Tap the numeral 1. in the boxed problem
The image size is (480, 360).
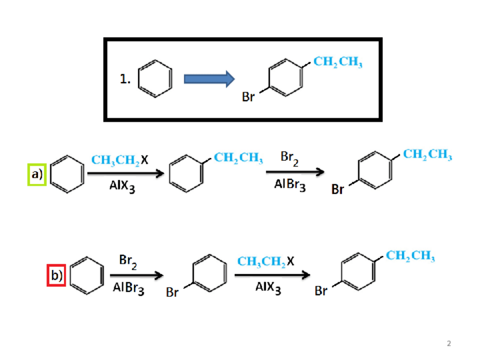[126, 80]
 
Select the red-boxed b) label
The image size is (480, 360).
[56, 276]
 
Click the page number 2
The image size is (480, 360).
[449, 344]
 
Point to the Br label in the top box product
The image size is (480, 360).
[248, 97]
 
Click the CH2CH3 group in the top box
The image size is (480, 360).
[338, 63]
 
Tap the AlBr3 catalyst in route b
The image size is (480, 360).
[128, 288]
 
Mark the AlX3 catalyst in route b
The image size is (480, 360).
[268, 288]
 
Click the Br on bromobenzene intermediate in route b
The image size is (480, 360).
[173, 293]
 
